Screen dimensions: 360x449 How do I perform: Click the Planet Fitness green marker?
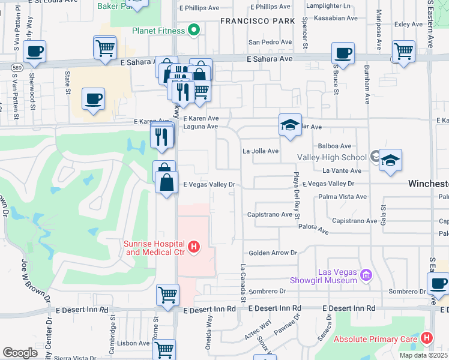193,29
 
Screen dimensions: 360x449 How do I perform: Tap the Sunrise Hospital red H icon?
193,246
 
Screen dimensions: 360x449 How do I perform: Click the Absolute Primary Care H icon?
426,338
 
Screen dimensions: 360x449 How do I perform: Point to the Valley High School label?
331,157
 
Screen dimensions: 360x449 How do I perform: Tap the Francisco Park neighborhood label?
258,20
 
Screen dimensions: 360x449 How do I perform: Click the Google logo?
20,352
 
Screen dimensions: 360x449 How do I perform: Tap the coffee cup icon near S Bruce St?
343,53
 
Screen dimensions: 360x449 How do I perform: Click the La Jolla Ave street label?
260,151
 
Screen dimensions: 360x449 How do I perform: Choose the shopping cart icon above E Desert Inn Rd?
168,295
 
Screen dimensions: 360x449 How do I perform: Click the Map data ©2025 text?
423,355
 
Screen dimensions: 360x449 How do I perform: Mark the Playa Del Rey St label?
295,194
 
